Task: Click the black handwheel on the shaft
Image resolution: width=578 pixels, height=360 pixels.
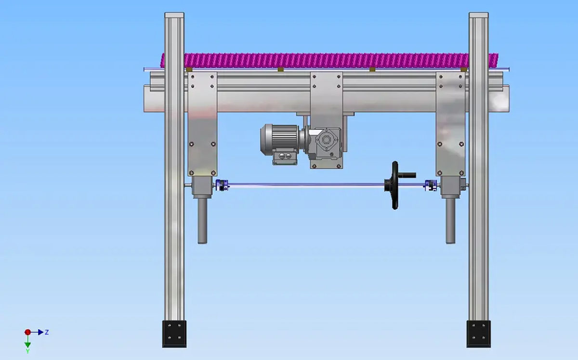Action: (394, 185)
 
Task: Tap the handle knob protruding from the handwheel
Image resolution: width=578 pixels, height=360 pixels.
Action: (407, 175)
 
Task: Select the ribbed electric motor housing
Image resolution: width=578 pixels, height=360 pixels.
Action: (279, 139)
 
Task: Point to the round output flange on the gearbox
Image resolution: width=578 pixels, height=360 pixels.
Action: (326, 140)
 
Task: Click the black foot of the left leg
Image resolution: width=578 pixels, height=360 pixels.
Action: (174, 334)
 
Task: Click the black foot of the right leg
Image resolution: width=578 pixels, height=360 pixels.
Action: (478, 334)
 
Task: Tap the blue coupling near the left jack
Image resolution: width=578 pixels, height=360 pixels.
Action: (222, 185)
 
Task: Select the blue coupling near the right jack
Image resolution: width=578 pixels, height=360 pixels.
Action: (431, 185)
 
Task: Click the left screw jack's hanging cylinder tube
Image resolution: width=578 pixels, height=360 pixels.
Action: (202, 221)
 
